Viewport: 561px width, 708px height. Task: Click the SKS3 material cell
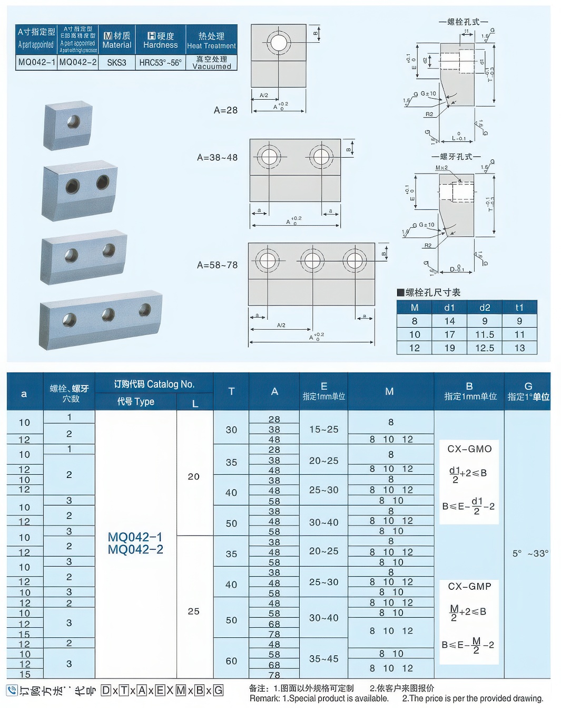[116, 62]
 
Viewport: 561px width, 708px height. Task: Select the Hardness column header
[161, 40]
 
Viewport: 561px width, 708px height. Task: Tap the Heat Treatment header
[211, 40]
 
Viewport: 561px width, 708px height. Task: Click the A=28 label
[225, 110]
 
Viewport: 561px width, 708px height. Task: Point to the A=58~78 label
[217, 265]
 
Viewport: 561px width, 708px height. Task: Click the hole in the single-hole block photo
[73, 122]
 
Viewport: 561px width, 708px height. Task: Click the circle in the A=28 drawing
[278, 42]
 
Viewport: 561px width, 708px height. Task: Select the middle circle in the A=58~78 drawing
[312, 261]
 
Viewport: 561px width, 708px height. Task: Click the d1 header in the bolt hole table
[449, 308]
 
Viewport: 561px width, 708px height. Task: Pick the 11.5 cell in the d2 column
[485, 334]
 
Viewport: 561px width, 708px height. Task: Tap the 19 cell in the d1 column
[449, 348]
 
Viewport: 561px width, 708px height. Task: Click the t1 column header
[519, 308]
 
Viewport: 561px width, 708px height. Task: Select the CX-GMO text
[469, 449]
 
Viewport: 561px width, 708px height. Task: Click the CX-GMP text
[469, 587]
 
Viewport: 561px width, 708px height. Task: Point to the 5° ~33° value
[530, 553]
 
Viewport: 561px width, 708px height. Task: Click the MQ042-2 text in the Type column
[135, 550]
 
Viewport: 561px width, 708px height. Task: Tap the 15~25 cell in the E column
[323, 429]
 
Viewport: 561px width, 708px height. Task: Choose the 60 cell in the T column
[231, 661]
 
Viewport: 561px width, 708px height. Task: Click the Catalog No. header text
[154, 384]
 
